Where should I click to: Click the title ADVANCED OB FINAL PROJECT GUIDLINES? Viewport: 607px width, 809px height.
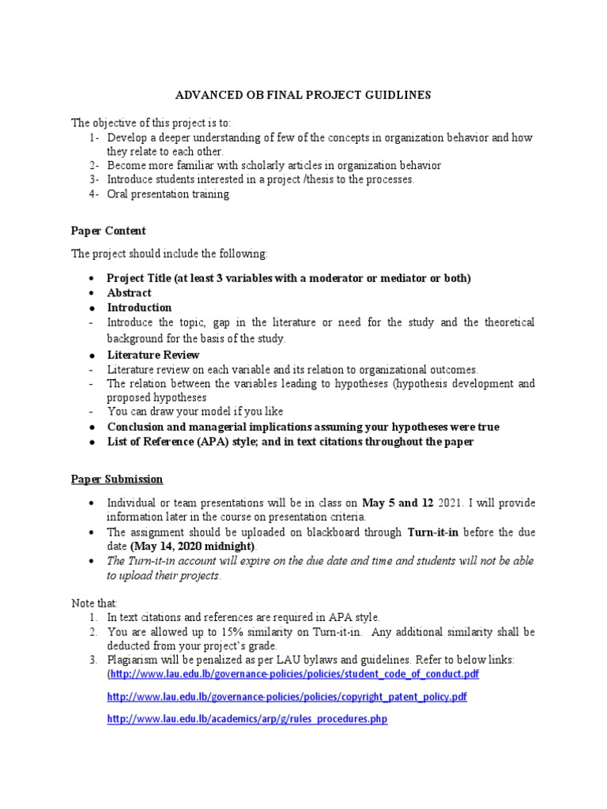tap(303, 95)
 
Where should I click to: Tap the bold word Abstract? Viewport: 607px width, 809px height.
tap(130, 293)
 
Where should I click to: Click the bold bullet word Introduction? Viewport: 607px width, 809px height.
tap(139, 307)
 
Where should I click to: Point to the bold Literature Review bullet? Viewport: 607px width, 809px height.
tap(153, 355)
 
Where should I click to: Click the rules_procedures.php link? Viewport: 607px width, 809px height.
tap(247, 721)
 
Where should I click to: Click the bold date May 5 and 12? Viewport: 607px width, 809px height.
tap(398, 502)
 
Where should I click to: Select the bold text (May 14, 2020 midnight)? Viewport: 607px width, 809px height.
tap(193, 546)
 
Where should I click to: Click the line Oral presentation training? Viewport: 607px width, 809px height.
tap(168, 194)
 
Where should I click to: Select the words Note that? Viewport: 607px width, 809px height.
tap(94, 603)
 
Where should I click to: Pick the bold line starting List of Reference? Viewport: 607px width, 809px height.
tap(290, 442)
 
